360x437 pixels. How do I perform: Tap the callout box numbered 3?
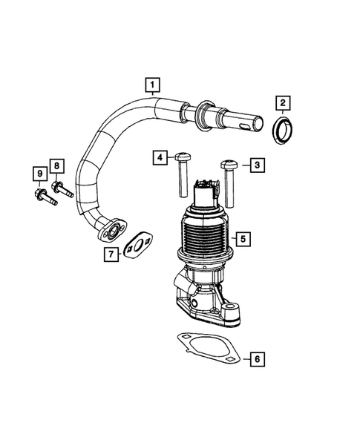[255, 165]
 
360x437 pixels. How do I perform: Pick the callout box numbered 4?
[160, 157]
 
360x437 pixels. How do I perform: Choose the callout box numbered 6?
[256, 360]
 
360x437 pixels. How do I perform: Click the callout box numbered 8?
[57, 165]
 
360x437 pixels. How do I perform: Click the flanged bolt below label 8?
[62, 187]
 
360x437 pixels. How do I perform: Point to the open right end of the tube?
[256, 121]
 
